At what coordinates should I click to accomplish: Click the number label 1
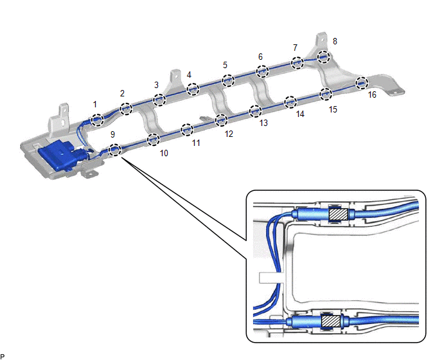pyautogui.click(x=95, y=104)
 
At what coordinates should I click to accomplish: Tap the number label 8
pyautogui.click(x=335, y=41)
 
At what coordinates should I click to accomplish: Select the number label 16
pyautogui.click(x=372, y=95)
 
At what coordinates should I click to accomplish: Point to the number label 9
pyautogui.click(x=113, y=135)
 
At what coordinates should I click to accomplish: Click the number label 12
pyautogui.click(x=229, y=134)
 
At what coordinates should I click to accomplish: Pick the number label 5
pyautogui.click(x=225, y=65)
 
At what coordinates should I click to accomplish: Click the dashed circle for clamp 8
pyautogui.click(x=323, y=57)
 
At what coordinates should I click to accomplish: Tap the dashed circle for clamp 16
pyautogui.click(x=362, y=82)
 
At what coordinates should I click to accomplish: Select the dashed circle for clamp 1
pyautogui.click(x=97, y=119)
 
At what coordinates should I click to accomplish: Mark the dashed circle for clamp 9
pyautogui.click(x=114, y=150)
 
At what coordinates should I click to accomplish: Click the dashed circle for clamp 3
pyautogui.click(x=159, y=99)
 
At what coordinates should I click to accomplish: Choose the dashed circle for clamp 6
pyautogui.click(x=262, y=71)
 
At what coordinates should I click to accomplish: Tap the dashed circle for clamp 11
pyautogui.click(x=187, y=130)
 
